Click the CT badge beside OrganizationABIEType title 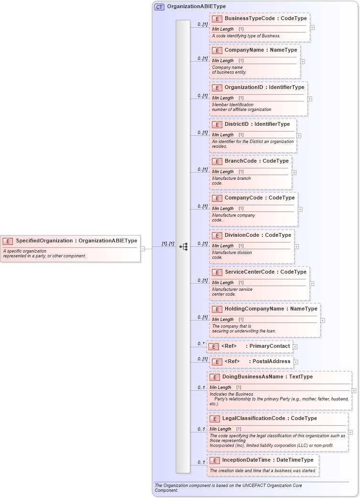click(159, 7)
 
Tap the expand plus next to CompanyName click(303, 61)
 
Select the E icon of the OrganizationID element click(217, 88)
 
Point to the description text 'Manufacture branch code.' click(231, 180)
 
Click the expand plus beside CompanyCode click(300, 209)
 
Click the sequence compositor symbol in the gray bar click(183, 246)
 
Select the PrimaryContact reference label click(270, 346)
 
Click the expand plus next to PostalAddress click(296, 362)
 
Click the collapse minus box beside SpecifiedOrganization click(142, 248)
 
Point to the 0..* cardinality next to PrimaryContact click(201, 344)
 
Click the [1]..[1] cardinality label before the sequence click(168, 243)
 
